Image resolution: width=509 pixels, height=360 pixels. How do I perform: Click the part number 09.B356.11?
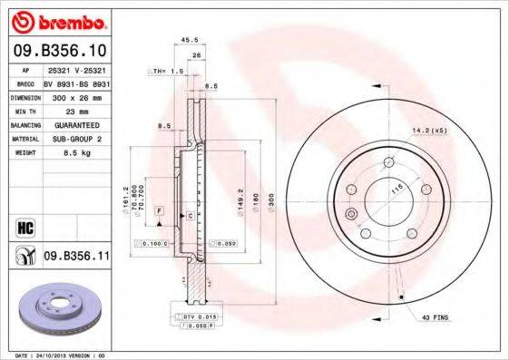[x=76, y=258]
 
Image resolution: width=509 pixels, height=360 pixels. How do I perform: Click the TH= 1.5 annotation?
[x=167, y=71]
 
